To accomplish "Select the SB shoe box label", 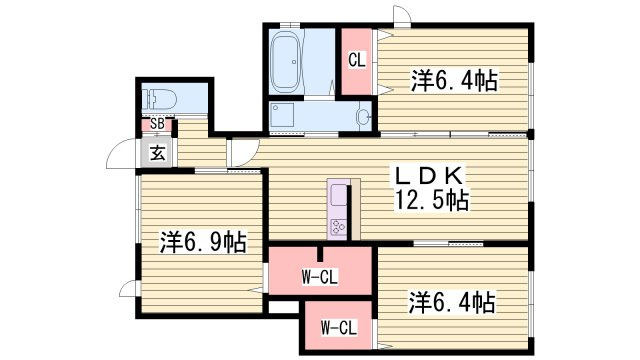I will [157, 125].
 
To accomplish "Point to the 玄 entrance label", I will [158, 153].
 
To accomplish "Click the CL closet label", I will [356, 61].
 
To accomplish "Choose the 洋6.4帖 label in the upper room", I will [455, 81].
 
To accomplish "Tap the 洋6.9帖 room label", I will [203, 241].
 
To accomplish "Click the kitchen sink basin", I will [337, 196].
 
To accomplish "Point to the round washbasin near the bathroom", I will [362, 117].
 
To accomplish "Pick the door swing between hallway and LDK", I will [241, 153].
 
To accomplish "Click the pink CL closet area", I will [356, 61].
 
